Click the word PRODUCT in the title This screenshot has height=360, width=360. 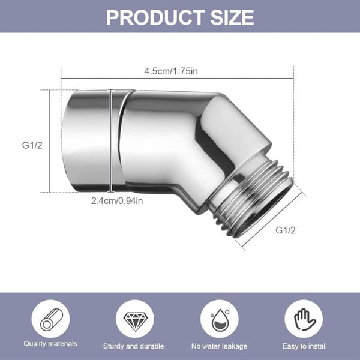pyautogui.click(x=155, y=17)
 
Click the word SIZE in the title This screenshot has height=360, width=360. pyautogui.click(x=232, y=17)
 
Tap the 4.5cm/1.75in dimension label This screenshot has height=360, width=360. pyautogui.click(x=171, y=71)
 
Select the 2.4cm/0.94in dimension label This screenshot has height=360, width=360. pyautogui.click(x=117, y=201)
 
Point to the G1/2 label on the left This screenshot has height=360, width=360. pyautogui.click(x=32, y=145)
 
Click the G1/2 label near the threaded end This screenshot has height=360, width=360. pyautogui.click(x=286, y=230)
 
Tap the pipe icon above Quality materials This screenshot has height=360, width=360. pyautogui.click(x=50, y=319)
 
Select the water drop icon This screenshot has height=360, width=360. pyautogui.click(x=219, y=320)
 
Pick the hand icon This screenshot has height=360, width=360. pyautogui.click(x=304, y=319)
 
